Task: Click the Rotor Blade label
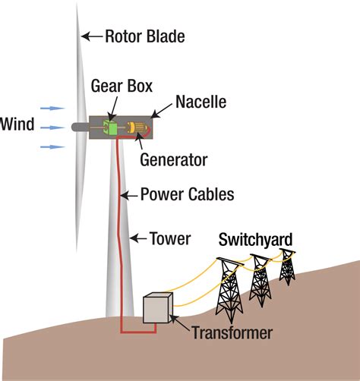click(x=144, y=36)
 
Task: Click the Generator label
click(x=174, y=160)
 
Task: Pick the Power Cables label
click(x=187, y=194)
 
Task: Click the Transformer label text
click(x=232, y=332)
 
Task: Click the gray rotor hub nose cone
click(x=77, y=128)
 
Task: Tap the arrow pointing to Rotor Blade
click(x=91, y=36)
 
